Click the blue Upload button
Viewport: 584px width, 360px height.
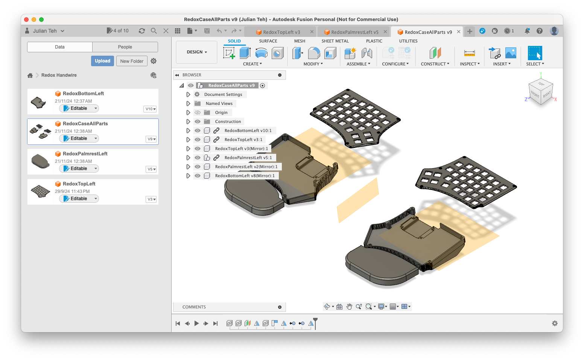[x=102, y=61]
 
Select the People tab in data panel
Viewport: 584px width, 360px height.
[x=125, y=47]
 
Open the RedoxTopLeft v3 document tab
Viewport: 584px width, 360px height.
[x=281, y=32]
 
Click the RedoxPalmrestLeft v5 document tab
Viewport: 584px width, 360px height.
[x=354, y=32]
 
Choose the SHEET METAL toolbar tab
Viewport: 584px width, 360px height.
[x=335, y=41]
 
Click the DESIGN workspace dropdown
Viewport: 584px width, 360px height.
[x=197, y=52]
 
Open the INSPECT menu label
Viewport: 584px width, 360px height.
[x=469, y=64]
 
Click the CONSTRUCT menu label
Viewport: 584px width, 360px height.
[x=435, y=64]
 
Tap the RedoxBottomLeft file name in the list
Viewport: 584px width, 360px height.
[x=83, y=93]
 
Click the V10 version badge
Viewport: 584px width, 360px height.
[x=151, y=109]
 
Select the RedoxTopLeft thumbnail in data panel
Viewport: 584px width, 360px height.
[x=40, y=191]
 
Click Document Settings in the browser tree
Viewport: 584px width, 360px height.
[x=223, y=94]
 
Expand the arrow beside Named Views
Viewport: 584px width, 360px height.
[x=188, y=103]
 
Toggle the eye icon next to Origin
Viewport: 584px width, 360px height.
[x=198, y=112]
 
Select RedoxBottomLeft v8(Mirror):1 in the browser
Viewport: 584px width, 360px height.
[x=245, y=176]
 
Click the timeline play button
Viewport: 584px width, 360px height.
[x=196, y=323]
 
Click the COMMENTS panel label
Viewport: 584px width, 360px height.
[x=194, y=307]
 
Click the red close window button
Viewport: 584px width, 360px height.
[x=26, y=20]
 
